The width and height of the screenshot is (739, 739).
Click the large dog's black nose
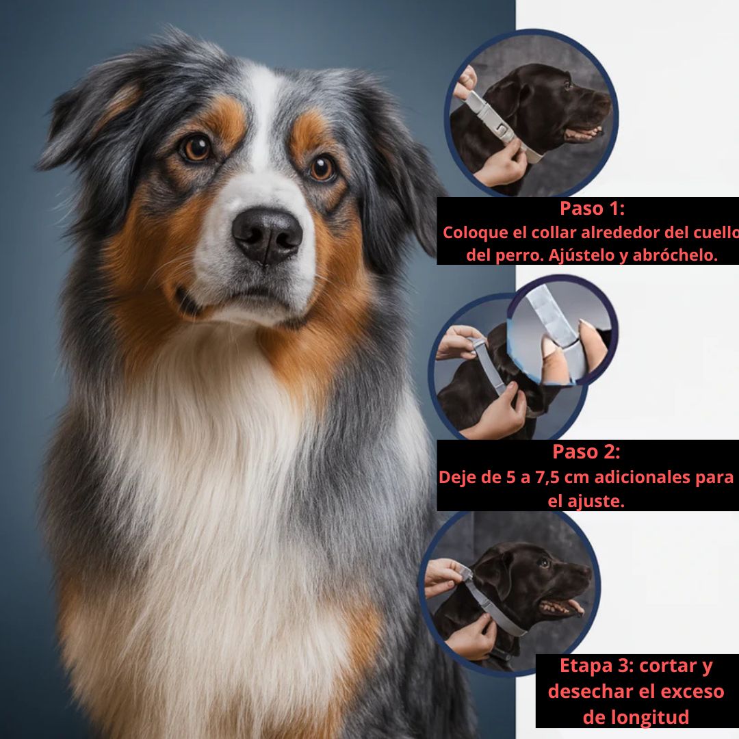tap(267, 234)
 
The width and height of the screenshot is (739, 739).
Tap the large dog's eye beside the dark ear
tap(322, 168)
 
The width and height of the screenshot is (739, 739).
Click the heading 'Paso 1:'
tap(592, 208)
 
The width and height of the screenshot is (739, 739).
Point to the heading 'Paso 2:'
tap(586, 452)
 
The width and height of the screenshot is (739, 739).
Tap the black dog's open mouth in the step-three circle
tap(562, 606)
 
